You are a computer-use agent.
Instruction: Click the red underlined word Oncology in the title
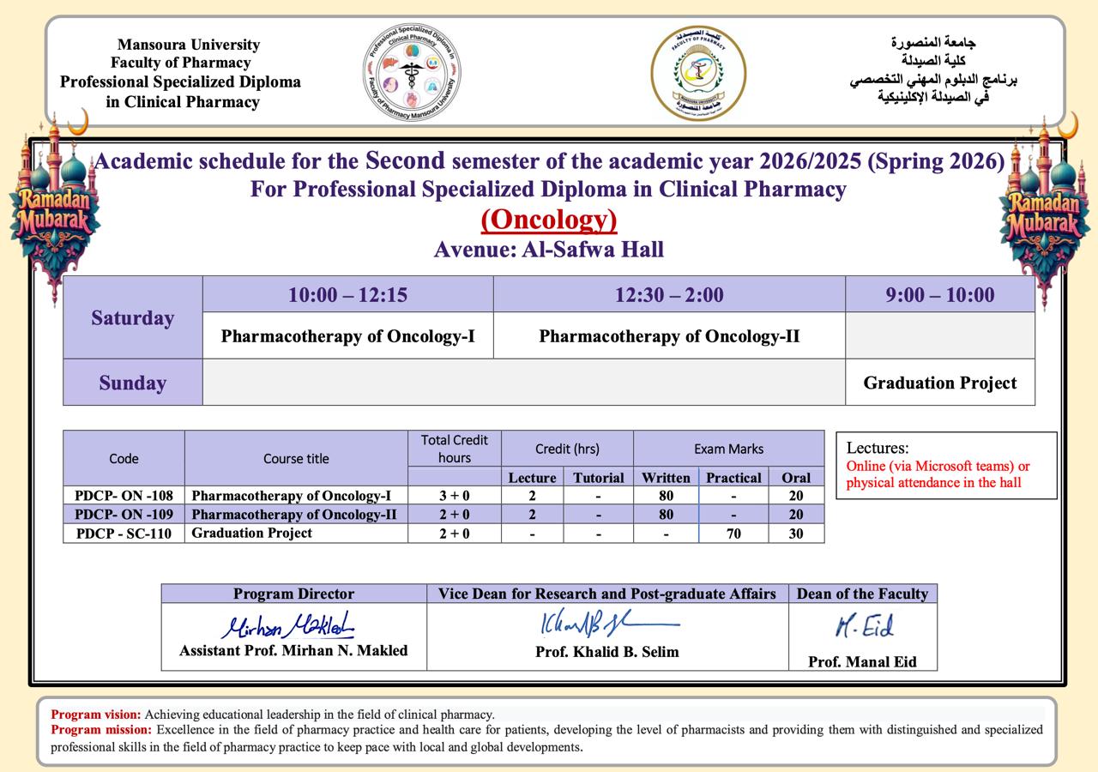[x=549, y=220]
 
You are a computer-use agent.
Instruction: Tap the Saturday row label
[x=133, y=318]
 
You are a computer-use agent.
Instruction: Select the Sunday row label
[x=133, y=383]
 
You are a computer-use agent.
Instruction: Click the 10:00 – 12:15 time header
[x=347, y=295]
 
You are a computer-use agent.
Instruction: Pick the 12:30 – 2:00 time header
[x=669, y=295]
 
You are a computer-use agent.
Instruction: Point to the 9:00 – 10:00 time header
[x=940, y=295]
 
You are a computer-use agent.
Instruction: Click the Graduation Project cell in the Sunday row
[x=940, y=383]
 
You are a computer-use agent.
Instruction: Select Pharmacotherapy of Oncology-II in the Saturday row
[x=669, y=336]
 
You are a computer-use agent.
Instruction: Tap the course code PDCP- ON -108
[x=124, y=496]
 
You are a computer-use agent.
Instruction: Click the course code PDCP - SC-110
[x=124, y=534]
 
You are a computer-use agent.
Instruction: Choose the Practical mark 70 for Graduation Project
[x=733, y=534]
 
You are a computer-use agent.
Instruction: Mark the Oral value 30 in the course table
[x=796, y=534]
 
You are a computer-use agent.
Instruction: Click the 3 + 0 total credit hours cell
[x=455, y=496]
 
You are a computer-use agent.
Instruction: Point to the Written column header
[x=666, y=478]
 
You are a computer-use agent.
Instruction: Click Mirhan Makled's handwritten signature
[x=288, y=625]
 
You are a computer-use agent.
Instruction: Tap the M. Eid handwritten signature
[x=864, y=627]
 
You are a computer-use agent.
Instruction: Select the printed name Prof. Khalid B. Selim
[x=606, y=652]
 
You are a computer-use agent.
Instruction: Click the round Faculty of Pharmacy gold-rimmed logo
[x=698, y=72]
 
